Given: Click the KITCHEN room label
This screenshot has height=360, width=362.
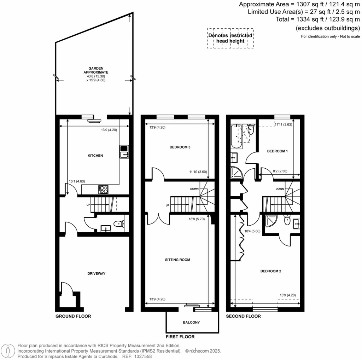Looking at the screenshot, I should coord(95,156).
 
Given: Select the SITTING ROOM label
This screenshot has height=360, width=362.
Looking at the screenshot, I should coord(177,260).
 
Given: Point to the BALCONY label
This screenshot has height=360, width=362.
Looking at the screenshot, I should coord(191,323).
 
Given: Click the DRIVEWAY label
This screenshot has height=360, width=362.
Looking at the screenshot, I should coord(97,273).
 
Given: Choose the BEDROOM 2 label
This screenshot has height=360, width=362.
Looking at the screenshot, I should coord(270,272).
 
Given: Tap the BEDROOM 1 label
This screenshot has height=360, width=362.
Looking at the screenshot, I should coord(277,151).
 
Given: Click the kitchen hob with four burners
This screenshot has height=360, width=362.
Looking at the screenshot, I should coord(103,190).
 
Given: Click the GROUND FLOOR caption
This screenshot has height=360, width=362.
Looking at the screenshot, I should coord(73,316).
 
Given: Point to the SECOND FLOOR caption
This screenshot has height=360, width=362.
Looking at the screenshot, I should coord(243,316).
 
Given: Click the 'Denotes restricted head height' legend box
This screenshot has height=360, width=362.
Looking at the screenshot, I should coord(230,38).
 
